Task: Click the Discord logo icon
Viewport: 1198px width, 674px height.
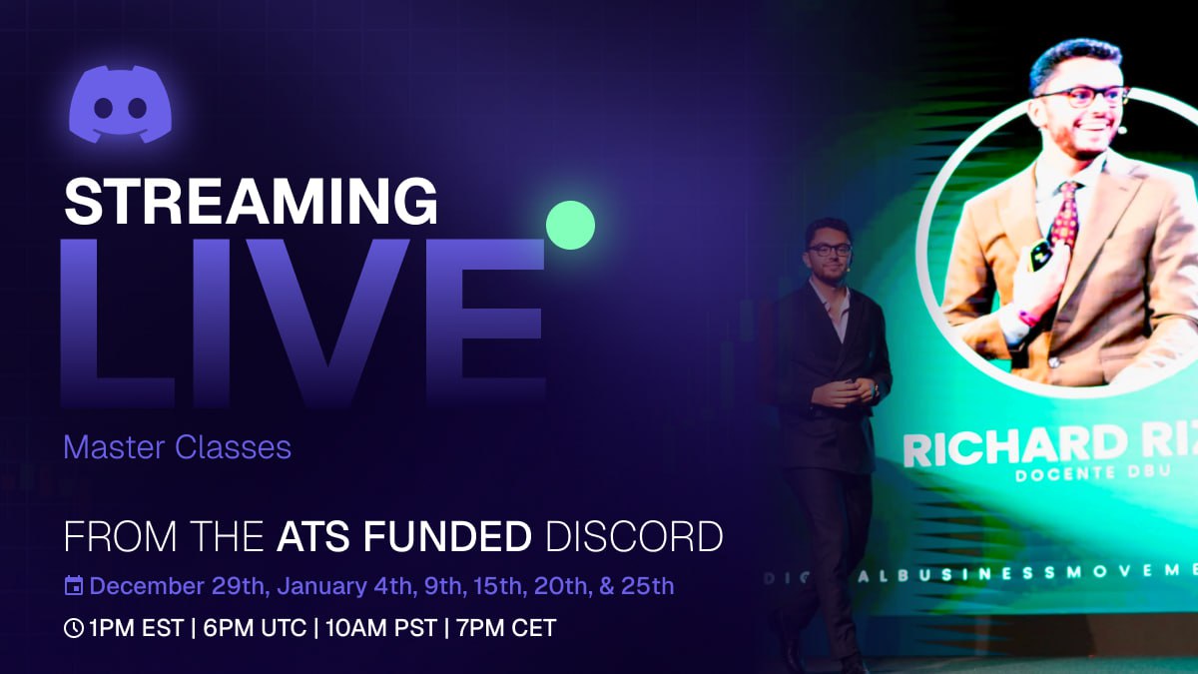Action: (120, 104)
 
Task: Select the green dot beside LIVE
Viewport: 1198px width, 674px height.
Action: (570, 225)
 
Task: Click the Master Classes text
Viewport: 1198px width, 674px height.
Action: (177, 447)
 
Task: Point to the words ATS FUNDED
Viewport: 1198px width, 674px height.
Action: (403, 536)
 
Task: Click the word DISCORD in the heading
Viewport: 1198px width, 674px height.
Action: (633, 536)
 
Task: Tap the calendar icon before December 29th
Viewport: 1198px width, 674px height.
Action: (74, 586)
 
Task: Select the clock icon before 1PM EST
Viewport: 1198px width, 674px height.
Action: (74, 628)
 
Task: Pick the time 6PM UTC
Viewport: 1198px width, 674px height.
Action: (258, 628)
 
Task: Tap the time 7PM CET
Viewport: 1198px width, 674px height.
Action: (506, 628)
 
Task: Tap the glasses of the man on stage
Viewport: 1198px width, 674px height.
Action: (830, 249)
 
